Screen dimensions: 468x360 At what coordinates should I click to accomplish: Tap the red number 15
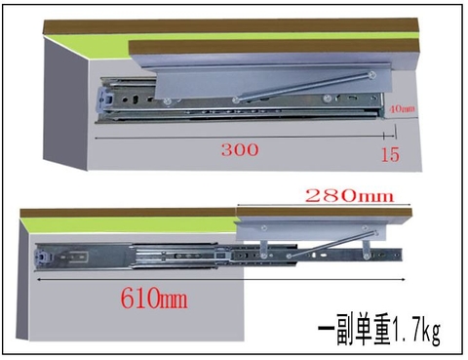click(x=390, y=154)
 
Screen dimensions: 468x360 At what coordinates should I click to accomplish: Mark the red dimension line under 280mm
click(x=322, y=206)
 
